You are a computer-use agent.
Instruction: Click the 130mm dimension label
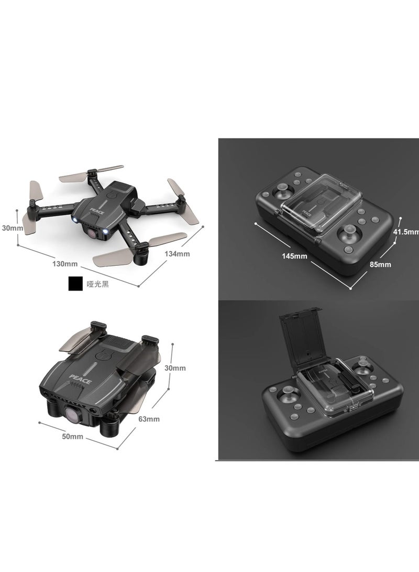click(x=65, y=263)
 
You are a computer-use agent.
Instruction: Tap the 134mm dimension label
click(x=177, y=254)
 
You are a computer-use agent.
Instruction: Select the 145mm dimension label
click(x=294, y=256)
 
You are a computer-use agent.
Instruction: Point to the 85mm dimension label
click(x=380, y=264)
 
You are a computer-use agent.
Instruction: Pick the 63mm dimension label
click(x=149, y=419)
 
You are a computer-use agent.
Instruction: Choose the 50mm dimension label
click(x=73, y=437)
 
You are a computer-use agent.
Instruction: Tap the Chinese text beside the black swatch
click(x=97, y=284)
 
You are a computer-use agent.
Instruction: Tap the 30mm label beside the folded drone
click(x=175, y=368)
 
